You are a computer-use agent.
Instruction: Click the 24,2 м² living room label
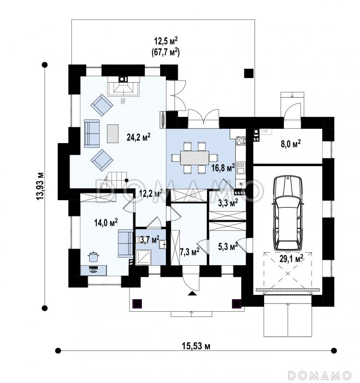point(139,137)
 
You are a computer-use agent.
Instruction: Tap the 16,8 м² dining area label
point(223,168)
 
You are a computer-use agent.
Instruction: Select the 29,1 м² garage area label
point(291,258)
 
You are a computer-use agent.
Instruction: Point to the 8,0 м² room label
point(291,144)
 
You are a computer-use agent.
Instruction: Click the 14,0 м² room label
point(106,222)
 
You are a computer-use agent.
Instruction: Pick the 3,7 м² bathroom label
point(150,239)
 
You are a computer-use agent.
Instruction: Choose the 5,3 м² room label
point(228,247)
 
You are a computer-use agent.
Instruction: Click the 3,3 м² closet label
point(228,203)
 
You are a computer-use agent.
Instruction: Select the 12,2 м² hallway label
point(151,193)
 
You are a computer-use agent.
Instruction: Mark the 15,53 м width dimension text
point(196,346)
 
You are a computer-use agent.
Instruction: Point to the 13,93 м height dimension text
point(40,186)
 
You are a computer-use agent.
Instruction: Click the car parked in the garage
point(287,213)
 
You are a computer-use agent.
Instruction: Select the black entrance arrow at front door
point(193,293)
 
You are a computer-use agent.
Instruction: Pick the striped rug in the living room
point(113,134)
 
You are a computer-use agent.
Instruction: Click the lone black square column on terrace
point(249,73)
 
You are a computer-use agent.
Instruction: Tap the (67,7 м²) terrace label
point(167,52)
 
